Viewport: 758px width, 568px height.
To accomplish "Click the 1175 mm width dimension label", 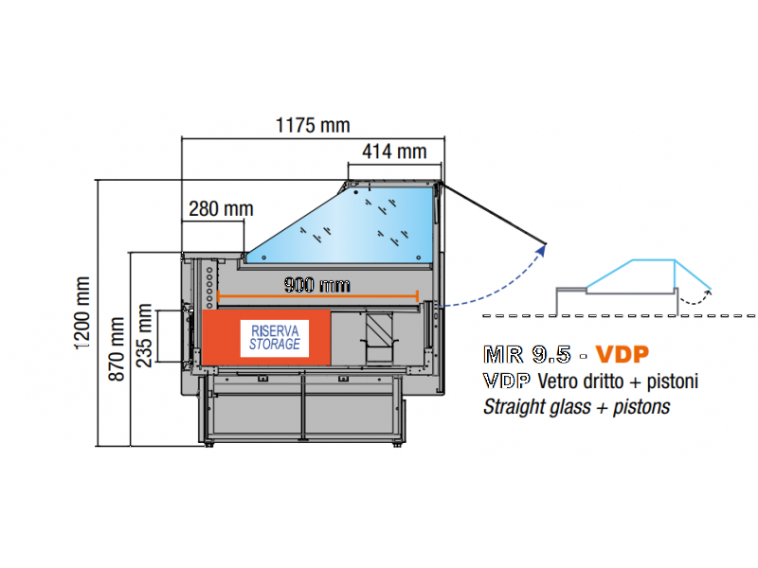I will pyautogui.click(x=312, y=125).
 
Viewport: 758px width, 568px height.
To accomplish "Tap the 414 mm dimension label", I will pyautogui.click(x=394, y=151).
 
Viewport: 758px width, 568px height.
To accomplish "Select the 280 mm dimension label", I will pyautogui.click(x=221, y=208).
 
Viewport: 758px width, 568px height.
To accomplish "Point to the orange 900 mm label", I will pyautogui.click(x=316, y=284).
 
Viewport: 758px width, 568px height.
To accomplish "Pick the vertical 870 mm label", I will pyautogui.click(x=117, y=348).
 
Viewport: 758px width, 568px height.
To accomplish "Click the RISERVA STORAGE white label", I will pyautogui.click(x=275, y=337).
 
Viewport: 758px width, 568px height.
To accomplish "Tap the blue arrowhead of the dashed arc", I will pyautogui.click(x=544, y=248).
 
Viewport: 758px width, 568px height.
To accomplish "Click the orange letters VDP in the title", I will pyautogui.click(x=623, y=356).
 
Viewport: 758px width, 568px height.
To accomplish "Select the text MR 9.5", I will pyautogui.click(x=525, y=356).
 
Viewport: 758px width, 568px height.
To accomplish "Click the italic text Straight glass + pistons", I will pyautogui.click(x=576, y=407).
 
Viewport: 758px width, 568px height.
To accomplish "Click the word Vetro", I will pyautogui.click(x=558, y=382).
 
